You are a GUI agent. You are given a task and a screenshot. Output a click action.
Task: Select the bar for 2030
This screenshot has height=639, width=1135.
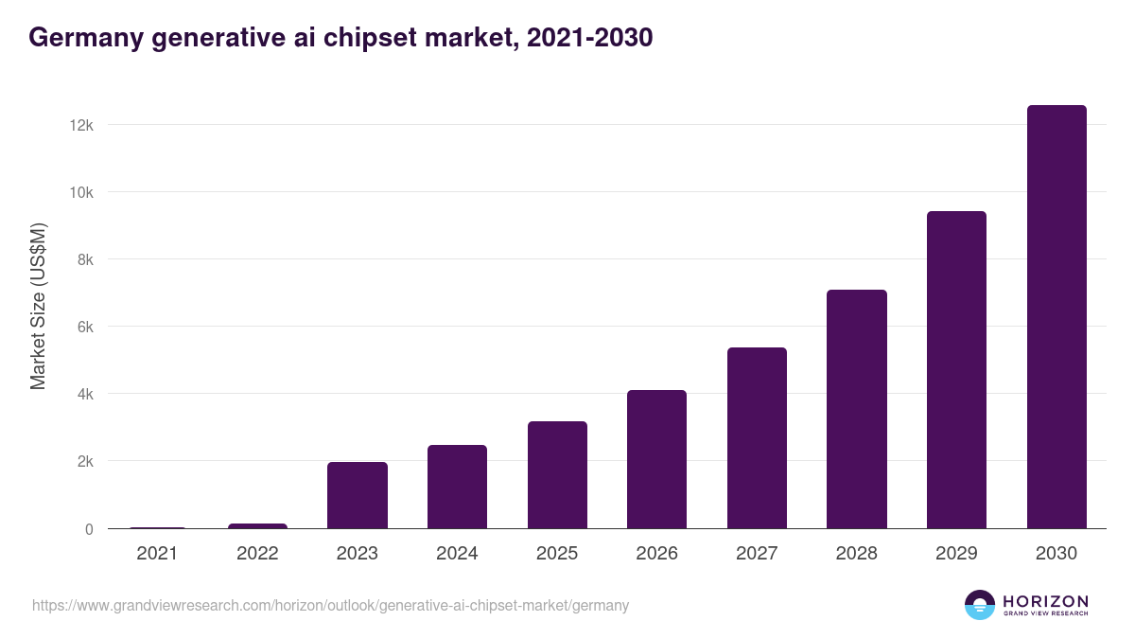(1056, 317)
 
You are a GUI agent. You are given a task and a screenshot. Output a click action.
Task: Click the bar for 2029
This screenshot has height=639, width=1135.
(956, 370)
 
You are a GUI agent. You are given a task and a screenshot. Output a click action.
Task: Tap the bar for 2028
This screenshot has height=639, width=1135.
(857, 409)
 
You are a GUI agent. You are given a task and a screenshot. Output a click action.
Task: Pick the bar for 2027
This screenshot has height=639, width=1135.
(757, 438)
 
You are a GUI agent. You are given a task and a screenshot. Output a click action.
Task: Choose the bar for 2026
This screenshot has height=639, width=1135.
(656, 459)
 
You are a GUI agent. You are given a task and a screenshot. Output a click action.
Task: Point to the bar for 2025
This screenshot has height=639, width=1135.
(557, 475)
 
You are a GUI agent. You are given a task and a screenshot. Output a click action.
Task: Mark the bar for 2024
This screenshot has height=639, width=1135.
(457, 487)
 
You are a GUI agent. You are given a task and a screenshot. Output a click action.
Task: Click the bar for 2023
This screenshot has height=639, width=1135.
(358, 495)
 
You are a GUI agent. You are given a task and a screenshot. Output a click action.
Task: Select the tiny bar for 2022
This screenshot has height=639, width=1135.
(257, 525)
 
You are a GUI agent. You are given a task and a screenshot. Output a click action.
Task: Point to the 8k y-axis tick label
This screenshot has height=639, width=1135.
(85, 259)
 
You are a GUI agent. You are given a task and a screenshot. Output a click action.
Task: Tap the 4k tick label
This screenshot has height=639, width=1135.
(85, 394)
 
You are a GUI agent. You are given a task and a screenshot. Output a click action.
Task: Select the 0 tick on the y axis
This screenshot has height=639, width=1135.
(89, 529)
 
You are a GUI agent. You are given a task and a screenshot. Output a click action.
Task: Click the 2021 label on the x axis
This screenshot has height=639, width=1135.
(157, 554)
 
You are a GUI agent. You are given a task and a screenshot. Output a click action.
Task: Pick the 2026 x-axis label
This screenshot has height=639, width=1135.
(656, 554)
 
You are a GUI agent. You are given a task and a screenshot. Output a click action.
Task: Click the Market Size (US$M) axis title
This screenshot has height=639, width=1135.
(39, 306)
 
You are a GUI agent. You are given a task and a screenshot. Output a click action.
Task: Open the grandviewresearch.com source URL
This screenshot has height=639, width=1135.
(330, 605)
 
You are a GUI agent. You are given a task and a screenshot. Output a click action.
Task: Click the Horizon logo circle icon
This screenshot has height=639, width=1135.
(980, 605)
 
